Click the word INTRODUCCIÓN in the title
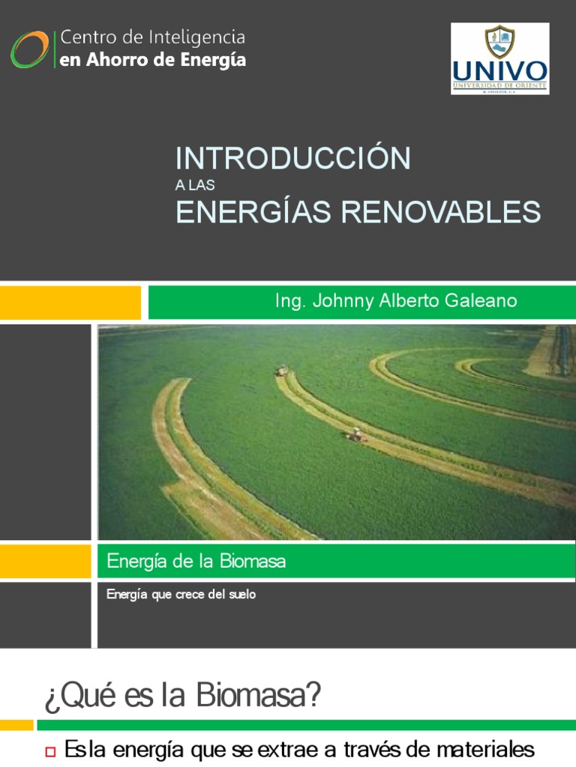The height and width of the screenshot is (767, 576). [293, 158]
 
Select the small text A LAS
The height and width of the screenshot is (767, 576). [194, 186]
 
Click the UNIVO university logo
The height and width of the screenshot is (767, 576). [499, 58]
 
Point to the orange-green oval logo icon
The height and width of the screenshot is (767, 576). [29, 49]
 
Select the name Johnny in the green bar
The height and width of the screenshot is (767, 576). [337, 301]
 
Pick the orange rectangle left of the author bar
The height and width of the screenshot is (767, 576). [70, 302]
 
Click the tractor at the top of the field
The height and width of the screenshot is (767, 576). [282, 370]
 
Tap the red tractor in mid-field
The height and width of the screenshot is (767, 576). [355, 434]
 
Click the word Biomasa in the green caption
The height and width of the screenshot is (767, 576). [251, 561]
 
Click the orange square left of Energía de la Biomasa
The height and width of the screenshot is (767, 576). [45, 561]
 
